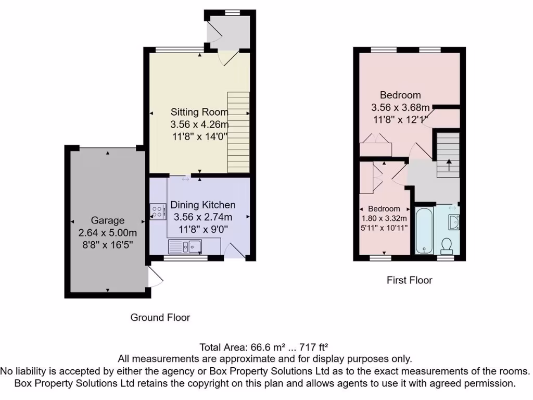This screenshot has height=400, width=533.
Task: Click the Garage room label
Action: pos(108,220)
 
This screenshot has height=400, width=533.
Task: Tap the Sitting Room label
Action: pos(199,112)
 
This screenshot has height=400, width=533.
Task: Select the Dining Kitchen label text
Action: pos(203,205)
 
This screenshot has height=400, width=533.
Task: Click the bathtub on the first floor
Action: pos(424,229)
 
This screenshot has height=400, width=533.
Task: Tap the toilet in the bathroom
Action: pos(446,244)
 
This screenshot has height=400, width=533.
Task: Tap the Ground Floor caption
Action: pos(160,317)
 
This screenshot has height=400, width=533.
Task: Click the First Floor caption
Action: pos(409,280)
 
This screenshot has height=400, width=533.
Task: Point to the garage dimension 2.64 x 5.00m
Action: pos(108,233)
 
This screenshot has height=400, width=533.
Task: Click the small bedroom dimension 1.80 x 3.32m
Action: pos(384,219)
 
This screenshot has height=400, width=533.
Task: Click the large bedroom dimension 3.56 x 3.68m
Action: pos(400,108)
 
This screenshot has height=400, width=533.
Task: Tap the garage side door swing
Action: pos(155,278)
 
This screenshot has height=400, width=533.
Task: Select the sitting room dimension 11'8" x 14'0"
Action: pos(199,136)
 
